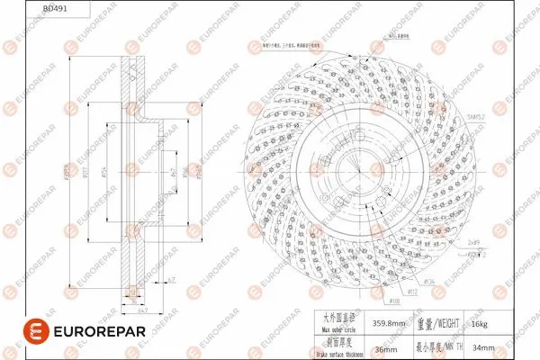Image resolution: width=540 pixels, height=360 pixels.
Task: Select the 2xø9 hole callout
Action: coord(472,241)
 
